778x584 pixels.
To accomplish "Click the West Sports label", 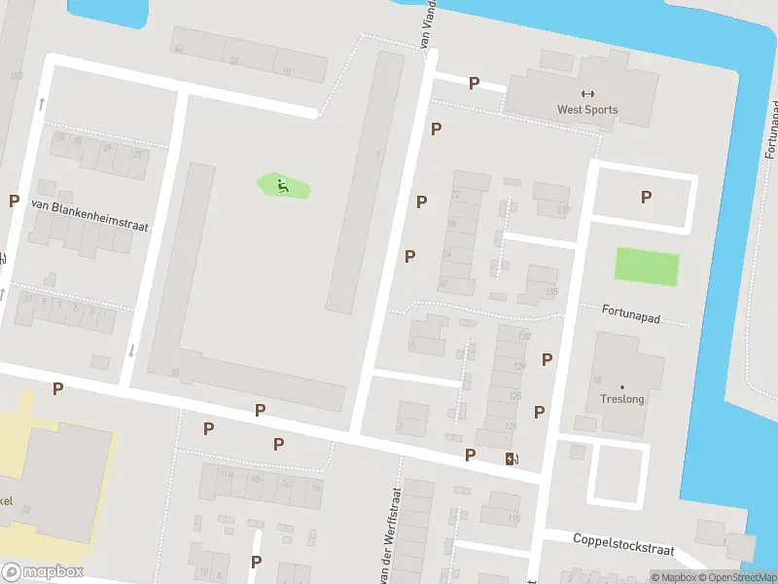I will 586,110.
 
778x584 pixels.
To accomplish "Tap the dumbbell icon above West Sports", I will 586,94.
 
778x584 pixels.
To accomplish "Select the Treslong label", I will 622,399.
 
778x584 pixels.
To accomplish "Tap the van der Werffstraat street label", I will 395,535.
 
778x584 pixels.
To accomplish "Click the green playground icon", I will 282,185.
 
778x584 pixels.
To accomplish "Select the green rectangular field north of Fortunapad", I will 647,268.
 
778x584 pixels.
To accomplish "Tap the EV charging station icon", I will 512,459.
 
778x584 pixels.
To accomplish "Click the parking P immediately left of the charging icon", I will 471,455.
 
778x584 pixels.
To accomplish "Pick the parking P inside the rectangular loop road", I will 646,198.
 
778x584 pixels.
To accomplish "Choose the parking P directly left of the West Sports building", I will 474,84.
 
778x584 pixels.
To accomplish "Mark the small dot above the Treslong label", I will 622,386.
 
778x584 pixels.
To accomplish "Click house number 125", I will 515,396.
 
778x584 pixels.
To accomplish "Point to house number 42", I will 179,48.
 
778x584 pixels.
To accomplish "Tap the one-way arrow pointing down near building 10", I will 132,349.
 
